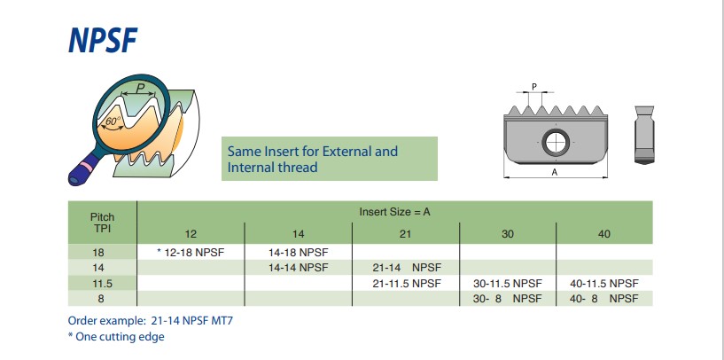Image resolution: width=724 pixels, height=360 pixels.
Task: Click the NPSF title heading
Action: click(x=103, y=41)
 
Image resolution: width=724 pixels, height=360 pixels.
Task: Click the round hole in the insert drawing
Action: click(x=556, y=143)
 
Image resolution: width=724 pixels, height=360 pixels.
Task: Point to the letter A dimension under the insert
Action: click(x=555, y=172)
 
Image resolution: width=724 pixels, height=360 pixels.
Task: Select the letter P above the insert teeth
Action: click(x=534, y=86)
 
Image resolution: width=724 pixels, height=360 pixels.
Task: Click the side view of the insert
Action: click(x=643, y=135)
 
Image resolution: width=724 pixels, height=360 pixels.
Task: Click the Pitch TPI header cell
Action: click(x=103, y=223)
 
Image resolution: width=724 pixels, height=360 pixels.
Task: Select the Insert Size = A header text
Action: click(x=394, y=212)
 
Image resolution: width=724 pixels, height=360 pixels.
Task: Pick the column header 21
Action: click(x=405, y=234)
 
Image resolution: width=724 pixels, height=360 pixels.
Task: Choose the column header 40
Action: click(x=604, y=234)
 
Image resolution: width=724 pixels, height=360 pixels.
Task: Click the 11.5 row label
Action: click(x=103, y=283)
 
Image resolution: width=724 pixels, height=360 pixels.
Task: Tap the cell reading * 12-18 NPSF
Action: click(x=191, y=253)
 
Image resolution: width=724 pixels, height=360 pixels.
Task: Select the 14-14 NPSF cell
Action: click(x=299, y=268)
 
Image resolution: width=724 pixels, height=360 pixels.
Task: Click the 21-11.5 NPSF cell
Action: click(x=407, y=283)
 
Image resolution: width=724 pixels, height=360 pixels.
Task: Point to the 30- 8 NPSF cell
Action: click(x=507, y=298)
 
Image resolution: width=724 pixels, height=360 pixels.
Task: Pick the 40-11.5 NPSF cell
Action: click(x=604, y=283)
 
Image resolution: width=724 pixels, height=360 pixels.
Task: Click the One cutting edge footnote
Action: click(x=116, y=336)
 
